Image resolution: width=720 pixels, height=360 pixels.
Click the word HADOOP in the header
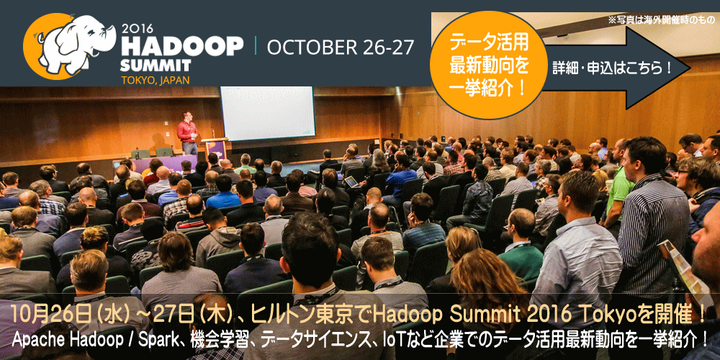pyautogui.click(x=181, y=46)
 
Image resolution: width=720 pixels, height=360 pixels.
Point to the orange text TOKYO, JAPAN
pyautogui.click(x=155, y=80)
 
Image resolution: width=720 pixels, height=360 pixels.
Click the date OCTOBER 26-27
pyautogui.click(x=340, y=48)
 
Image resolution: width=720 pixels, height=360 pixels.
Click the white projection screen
pyautogui.click(x=268, y=114)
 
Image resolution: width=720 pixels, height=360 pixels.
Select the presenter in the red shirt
pyautogui.click(x=188, y=133)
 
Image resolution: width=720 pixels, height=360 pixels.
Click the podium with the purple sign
pyautogui.click(x=215, y=149)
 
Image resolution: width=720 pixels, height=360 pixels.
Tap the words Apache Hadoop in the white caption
pyautogui.click(x=61, y=341)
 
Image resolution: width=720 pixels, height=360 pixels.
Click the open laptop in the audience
pyautogui.click(x=352, y=182)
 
